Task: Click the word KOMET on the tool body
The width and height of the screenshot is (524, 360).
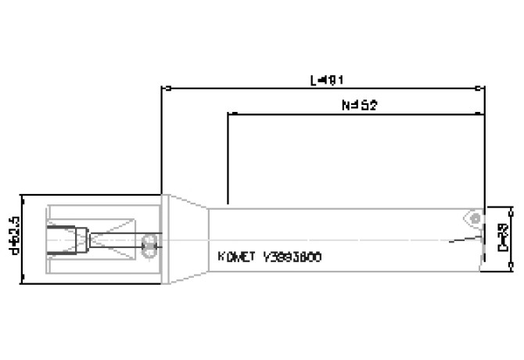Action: click(x=234, y=257)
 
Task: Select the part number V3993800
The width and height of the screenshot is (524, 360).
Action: click(x=293, y=257)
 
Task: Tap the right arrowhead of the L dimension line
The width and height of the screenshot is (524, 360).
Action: click(x=479, y=87)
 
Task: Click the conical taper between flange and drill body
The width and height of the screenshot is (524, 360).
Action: click(x=188, y=239)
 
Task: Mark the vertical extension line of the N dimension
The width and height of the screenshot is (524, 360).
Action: click(x=228, y=157)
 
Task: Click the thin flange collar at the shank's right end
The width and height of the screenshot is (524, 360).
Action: click(x=163, y=239)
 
